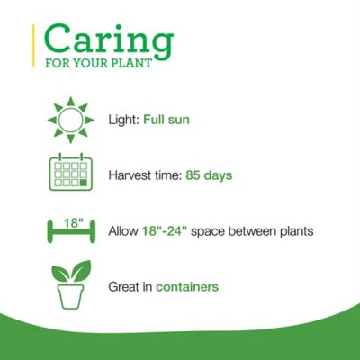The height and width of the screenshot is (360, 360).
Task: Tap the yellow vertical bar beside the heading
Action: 35,48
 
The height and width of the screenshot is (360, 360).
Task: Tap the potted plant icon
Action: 70,284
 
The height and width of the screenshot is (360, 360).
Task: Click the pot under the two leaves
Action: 70,296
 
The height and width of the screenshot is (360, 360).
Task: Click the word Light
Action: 123,120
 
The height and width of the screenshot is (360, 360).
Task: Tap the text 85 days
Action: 209,175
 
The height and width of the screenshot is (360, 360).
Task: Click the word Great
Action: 123,287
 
